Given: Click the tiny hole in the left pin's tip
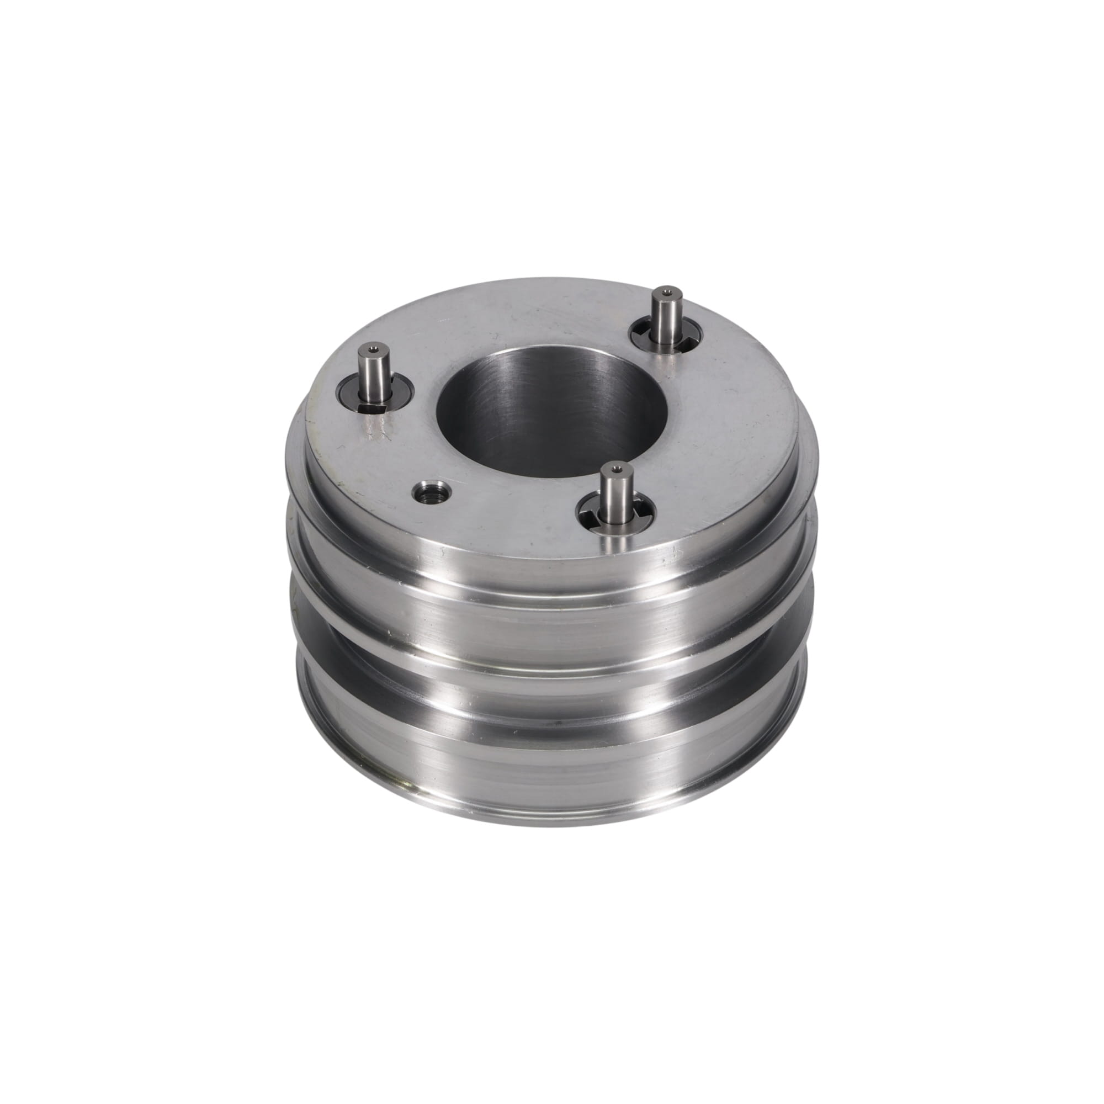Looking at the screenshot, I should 372,347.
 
